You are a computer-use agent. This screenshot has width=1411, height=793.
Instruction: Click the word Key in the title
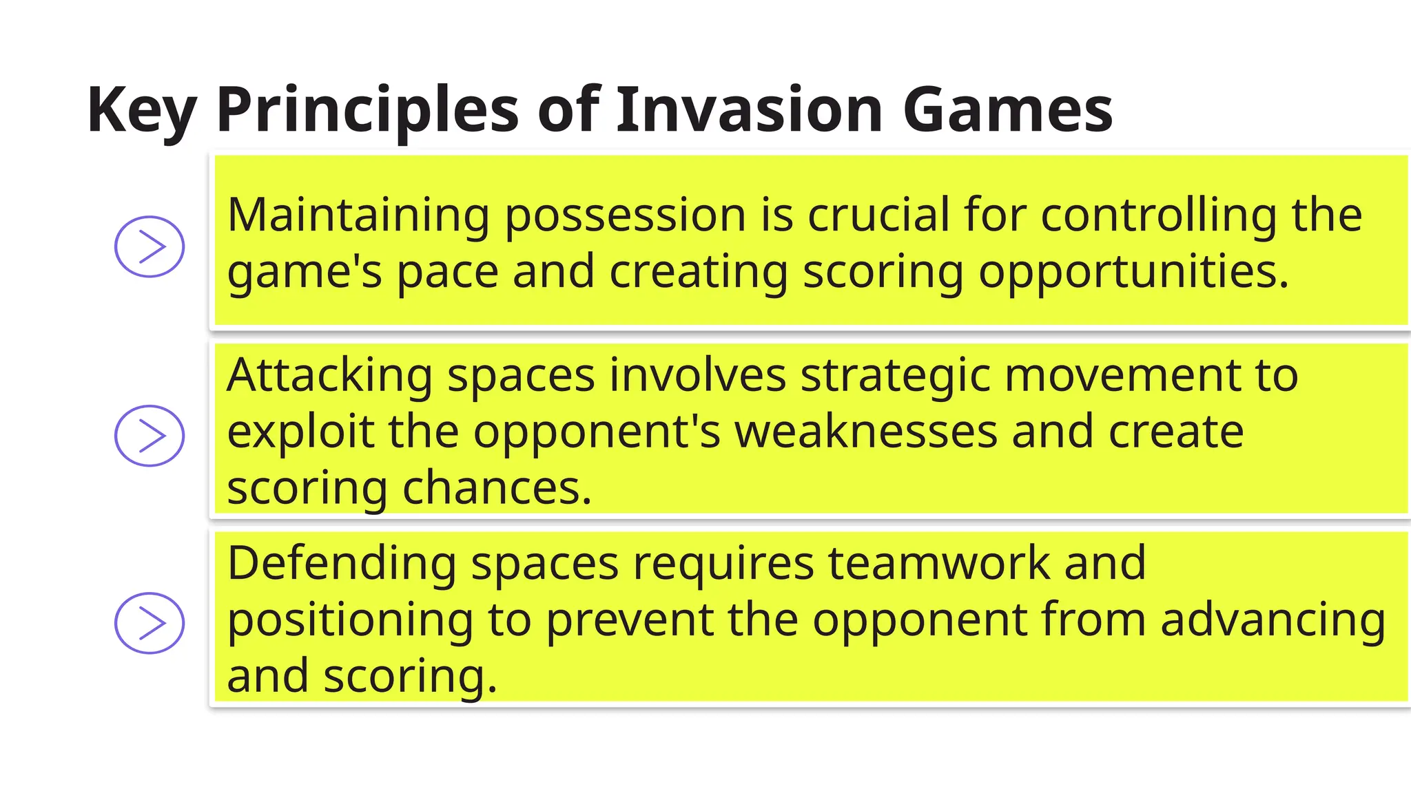142,110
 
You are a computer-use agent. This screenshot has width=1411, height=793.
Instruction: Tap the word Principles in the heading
367,110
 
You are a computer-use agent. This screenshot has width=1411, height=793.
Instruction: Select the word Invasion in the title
749,110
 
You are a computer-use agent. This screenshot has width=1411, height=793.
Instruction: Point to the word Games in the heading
1007,110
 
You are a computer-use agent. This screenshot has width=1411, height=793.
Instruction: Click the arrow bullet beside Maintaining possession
150,246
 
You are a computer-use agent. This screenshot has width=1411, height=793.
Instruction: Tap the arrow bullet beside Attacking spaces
150,436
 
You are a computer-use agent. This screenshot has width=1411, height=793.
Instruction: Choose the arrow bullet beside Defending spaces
150,623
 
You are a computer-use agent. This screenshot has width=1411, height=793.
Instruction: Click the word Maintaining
358,215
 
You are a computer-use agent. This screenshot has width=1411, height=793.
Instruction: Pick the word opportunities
1133,273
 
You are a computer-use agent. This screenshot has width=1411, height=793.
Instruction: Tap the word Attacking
329,377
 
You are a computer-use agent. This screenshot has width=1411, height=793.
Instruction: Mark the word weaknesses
866,432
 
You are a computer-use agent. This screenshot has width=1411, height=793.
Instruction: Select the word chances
496,489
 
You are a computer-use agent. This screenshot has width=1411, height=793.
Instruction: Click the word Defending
342,564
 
